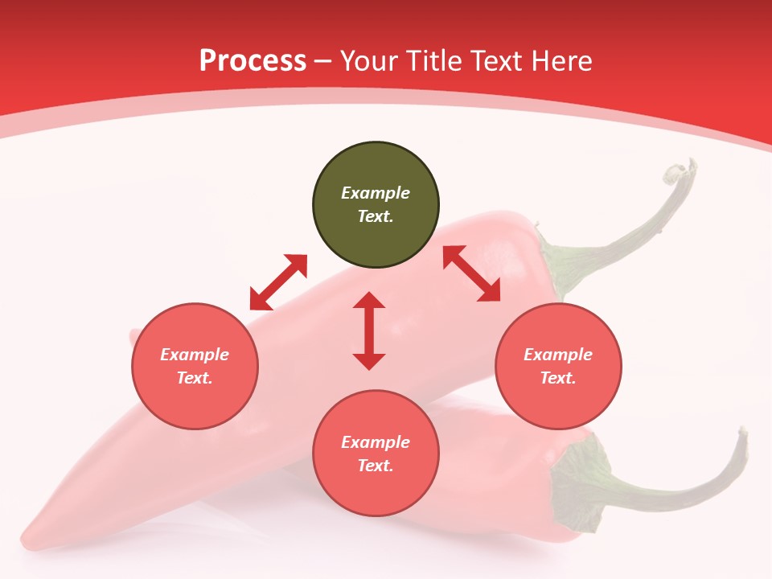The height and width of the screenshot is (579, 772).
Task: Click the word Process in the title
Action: [253, 61]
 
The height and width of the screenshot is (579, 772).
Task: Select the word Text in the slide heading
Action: [496, 61]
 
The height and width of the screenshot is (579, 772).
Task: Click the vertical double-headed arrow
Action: [369, 331]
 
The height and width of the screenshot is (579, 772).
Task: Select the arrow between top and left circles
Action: [278, 282]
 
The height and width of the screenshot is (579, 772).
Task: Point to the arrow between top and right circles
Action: [471, 273]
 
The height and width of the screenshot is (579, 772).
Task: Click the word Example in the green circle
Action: [376, 193]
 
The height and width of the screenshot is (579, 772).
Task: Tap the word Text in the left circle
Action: [195, 378]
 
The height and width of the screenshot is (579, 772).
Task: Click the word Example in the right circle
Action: [558, 355]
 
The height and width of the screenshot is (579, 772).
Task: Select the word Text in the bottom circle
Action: [376, 466]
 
